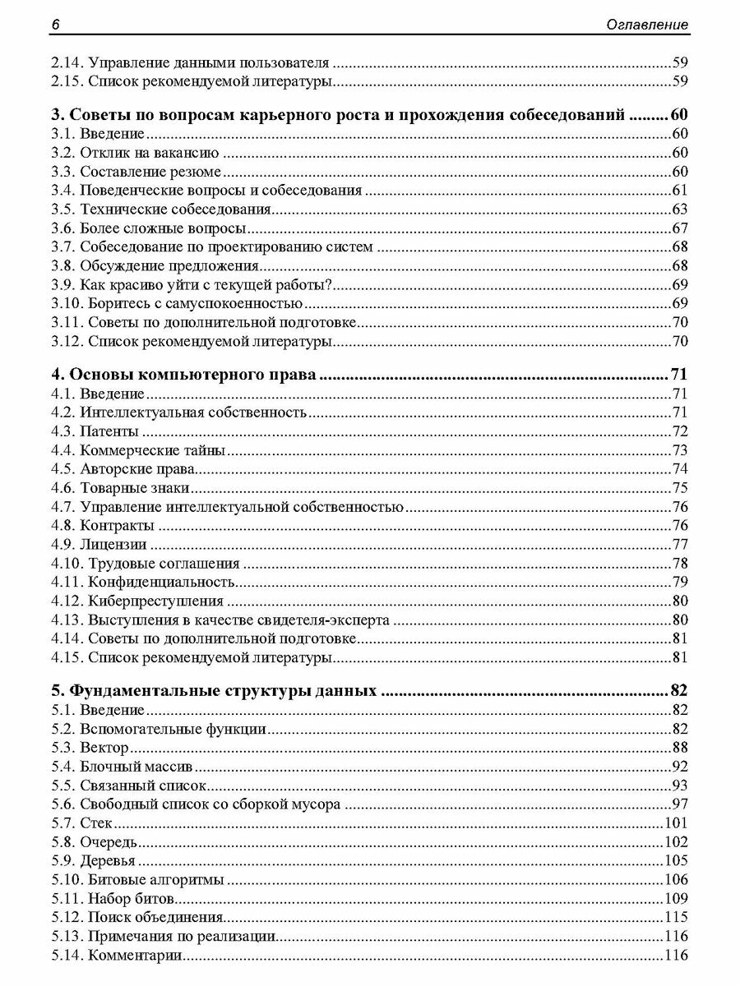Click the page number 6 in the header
54,25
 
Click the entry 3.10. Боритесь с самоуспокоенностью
171,303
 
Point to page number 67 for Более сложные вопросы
679,228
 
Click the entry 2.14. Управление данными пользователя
190,62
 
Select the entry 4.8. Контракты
102,525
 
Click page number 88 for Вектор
679,747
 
